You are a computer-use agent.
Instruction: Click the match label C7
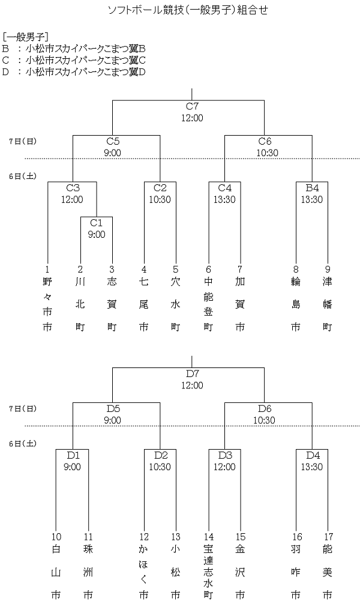192,107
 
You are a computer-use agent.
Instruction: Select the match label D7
192,374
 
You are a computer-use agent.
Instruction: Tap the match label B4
312,187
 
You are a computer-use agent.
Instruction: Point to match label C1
97,223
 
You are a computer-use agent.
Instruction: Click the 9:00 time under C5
112,153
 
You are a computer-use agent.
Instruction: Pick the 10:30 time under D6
265,420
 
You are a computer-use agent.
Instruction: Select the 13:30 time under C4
224,199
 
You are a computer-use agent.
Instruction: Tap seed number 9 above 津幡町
328,270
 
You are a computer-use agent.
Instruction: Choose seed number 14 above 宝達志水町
208,537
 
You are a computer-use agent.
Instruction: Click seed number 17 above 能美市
328,537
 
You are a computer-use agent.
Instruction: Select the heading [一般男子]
26,37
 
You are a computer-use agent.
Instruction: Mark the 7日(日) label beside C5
23,141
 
